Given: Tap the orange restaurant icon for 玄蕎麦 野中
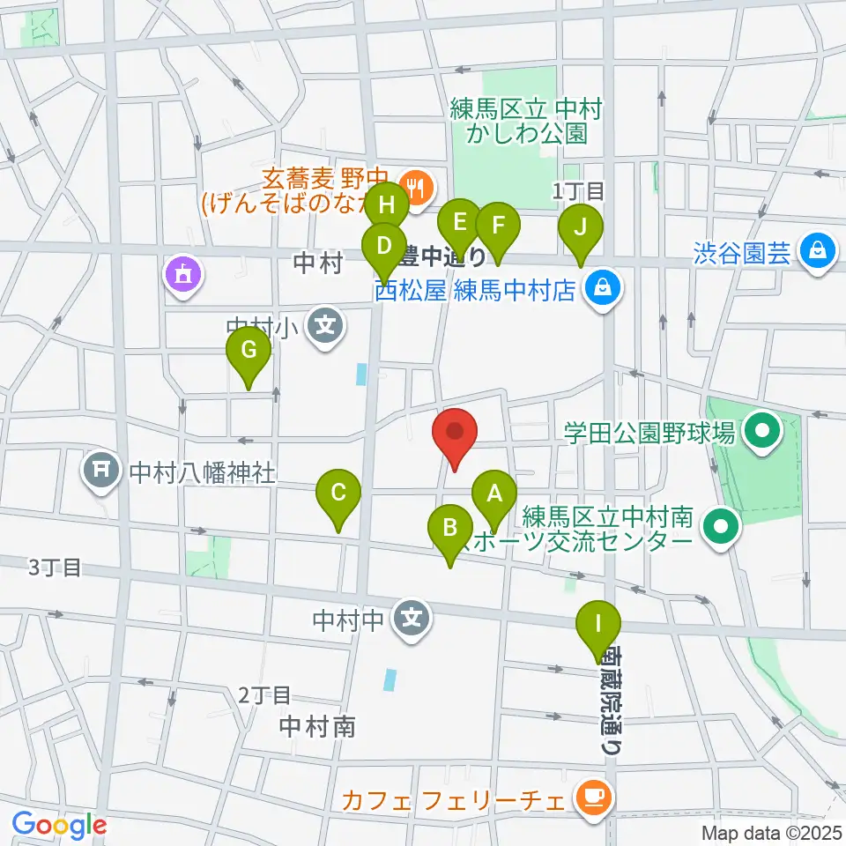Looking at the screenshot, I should (x=412, y=186).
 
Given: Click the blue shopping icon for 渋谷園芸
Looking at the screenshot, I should (x=816, y=250).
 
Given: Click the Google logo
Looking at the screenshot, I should (x=59, y=825).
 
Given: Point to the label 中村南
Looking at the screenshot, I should (x=317, y=726).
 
